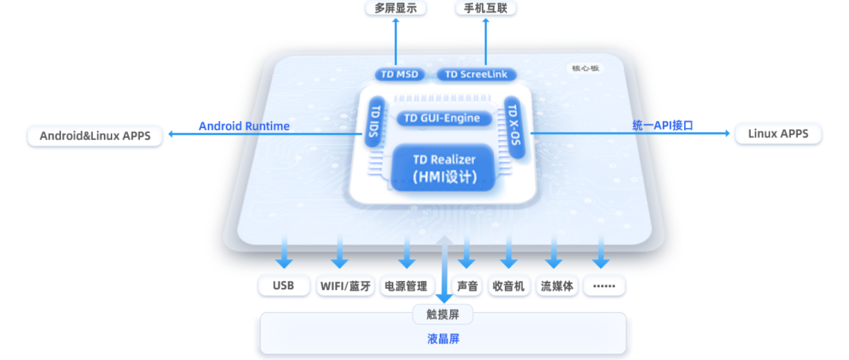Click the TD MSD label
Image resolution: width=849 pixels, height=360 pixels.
tap(397, 74)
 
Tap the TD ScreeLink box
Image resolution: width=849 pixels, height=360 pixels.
tap(476, 74)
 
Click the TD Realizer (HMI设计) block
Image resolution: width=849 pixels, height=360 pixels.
tap(444, 168)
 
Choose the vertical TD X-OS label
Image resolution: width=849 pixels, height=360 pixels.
tap(512, 120)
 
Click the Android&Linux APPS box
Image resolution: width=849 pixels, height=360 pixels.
tap(95, 136)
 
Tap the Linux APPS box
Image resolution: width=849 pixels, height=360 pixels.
tap(778, 134)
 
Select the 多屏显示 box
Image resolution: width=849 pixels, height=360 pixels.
tap(396, 8)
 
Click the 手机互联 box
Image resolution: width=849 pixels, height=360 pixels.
tap(485, 8)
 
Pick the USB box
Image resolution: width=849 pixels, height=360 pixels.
tap(284, 286)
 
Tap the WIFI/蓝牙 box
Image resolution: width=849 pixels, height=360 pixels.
tap(345, 286)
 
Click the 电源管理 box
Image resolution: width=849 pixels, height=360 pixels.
tap(406, 286)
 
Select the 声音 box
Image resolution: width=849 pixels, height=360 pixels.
tap(467, 286)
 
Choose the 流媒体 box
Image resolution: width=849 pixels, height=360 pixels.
tap(556, 286)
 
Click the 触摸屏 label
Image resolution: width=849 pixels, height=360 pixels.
tap(443, 315)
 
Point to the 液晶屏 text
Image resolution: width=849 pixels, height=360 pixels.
tap(443, 339)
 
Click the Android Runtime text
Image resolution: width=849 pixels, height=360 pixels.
tap(244, 126)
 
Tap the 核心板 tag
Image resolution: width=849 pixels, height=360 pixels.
tap(585, 69)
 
